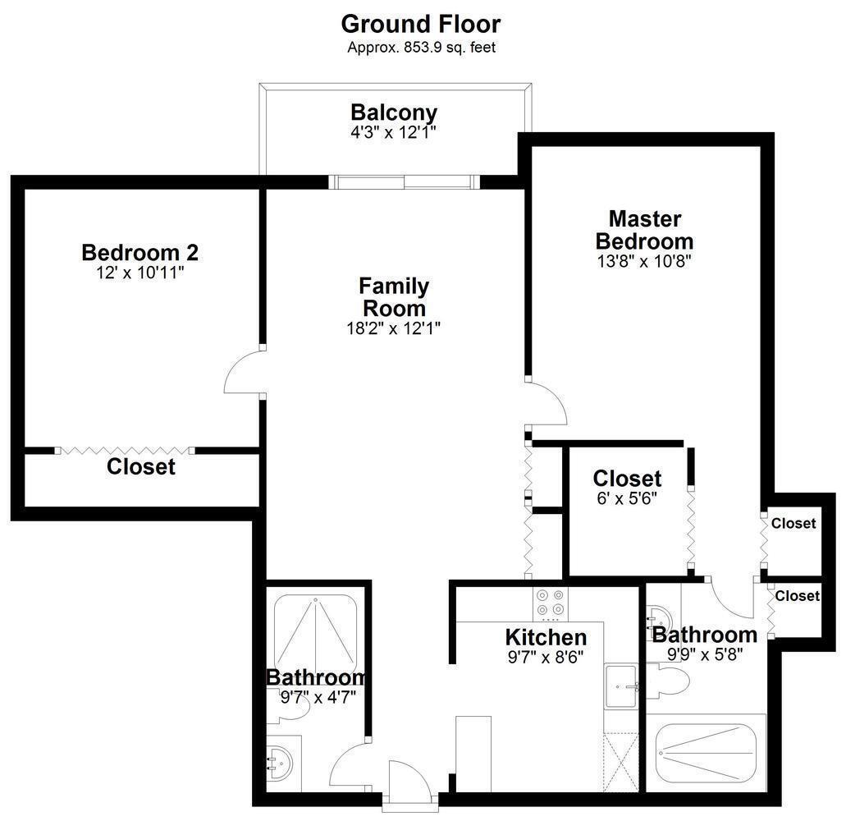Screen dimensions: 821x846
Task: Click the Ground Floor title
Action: tap(421, 23)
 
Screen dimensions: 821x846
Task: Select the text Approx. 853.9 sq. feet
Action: tap(421, 47)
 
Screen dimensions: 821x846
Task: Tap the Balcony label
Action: tap(394, 112)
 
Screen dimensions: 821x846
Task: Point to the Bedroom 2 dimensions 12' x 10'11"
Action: tap(140, 272)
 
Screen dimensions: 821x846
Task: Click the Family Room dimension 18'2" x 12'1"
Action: tap(394, 328)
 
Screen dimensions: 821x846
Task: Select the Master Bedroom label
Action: tap(644, 230)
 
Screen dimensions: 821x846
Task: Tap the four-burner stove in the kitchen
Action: tap(549, 603)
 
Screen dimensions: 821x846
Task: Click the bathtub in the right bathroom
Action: tap(706, 752)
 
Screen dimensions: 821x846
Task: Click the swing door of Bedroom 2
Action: tap(243, 374)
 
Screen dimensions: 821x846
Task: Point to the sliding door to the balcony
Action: tap(403, 181)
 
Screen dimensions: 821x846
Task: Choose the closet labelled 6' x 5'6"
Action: tap(627, 509)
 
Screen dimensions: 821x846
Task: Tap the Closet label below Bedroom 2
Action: tap(141, 467)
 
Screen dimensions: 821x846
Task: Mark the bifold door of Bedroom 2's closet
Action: tap(126, 450)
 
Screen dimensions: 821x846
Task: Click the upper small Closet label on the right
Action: tap(793, 523)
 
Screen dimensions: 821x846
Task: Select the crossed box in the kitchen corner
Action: tap(620, 763)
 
